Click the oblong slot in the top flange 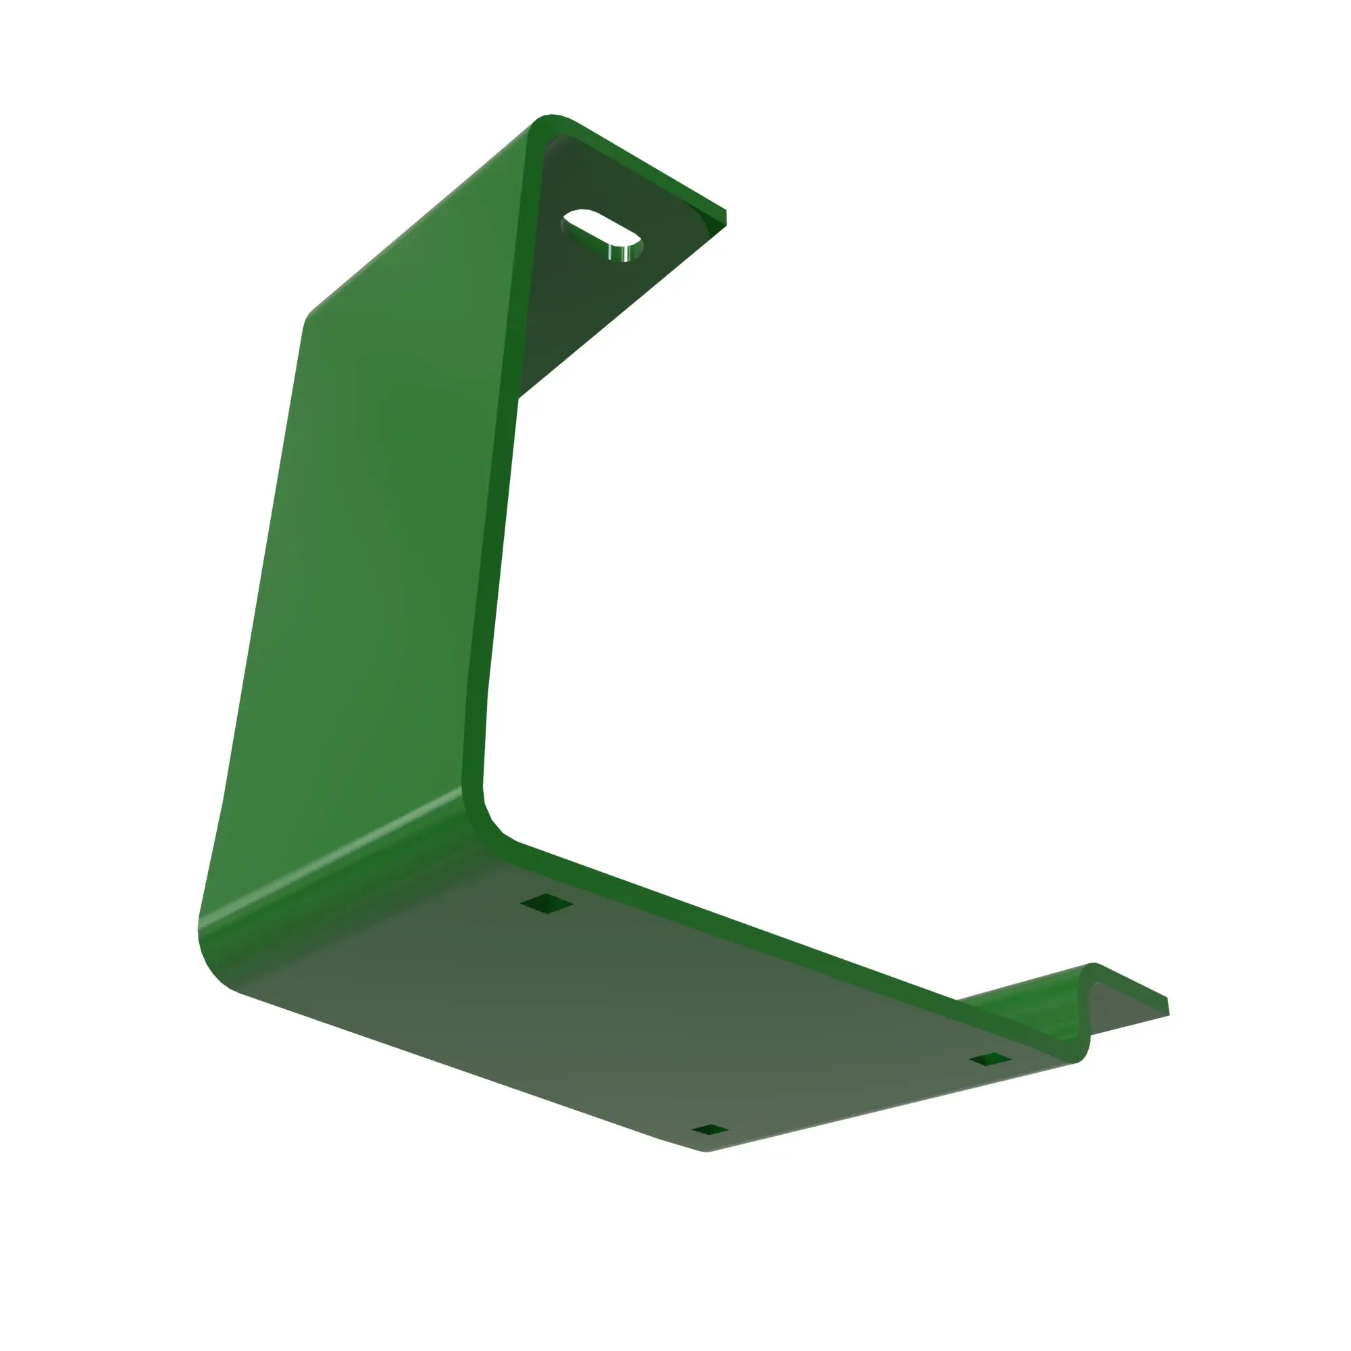(601, 234)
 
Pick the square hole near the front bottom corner (710, 1130)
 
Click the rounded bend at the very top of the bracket (553, 122)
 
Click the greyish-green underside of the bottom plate (630, 1014)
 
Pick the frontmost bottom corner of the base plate (707, 1150)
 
